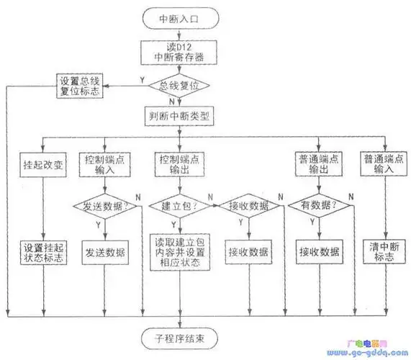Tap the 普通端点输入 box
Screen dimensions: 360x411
[382, 164]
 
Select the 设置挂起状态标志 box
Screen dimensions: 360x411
[43, 251]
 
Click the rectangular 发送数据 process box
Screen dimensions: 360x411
[106, 252]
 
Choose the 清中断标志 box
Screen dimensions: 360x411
[382, 252]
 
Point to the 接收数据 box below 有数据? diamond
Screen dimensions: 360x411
[317, 252]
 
